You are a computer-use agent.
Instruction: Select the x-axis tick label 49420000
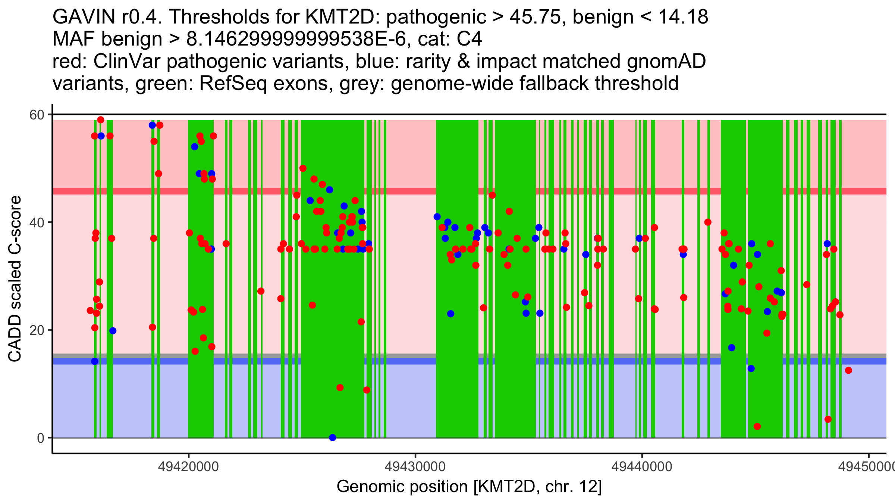[x=188, y=466]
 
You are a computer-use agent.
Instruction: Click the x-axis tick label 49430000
[x=415, y=466]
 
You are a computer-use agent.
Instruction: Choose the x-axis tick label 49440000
[x=642, y=466]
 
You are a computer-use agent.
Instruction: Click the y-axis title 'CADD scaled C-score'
[x=15, y=279]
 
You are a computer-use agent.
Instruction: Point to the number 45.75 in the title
[x=537, y=17]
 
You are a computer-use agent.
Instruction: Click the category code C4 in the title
[x=470, y=39]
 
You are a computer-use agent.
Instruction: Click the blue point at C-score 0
[x=333, y=438]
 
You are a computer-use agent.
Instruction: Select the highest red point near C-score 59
[x=101, y=120]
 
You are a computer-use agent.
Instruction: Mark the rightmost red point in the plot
[x=848, y=370]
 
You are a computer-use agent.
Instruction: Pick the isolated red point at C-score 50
[x=303, y=168]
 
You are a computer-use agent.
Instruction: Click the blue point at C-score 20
[x=113, y=331]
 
